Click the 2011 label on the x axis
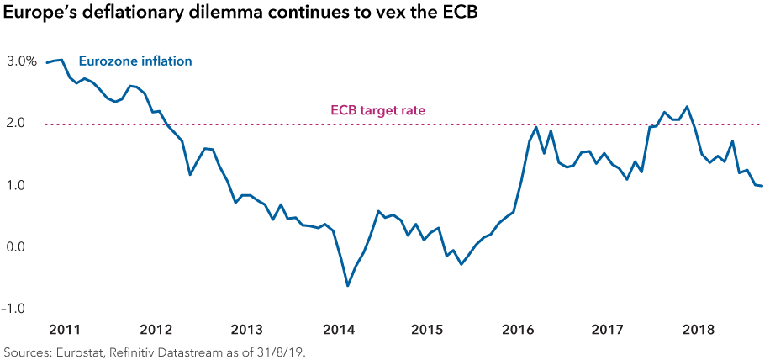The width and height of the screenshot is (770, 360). (65, 328)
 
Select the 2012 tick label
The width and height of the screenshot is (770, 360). (156, 328)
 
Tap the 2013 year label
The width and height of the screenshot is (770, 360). (247, 328)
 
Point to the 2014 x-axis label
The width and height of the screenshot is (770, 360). (339, 328)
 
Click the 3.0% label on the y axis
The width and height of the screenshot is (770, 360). (22, 61)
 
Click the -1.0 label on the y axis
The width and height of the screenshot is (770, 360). (14, 309)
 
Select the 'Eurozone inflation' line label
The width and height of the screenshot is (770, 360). (135, 61)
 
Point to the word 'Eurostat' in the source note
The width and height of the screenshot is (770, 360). (73, 352)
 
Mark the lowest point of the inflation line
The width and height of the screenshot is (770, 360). (347, 286)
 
